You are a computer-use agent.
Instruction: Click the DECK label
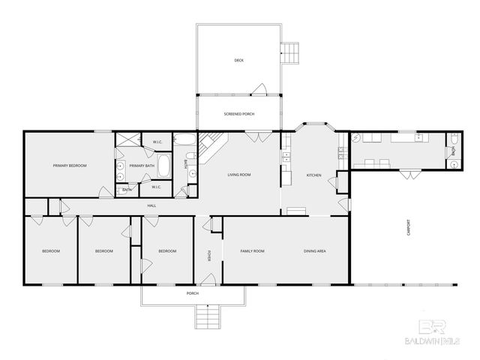238,61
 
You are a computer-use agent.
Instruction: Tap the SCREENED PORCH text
238,114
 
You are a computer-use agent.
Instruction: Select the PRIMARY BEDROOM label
69,166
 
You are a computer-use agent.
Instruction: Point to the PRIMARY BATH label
142,166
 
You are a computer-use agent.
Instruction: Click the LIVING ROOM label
238,175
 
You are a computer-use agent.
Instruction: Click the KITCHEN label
313,175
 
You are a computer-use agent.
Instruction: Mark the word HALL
151,205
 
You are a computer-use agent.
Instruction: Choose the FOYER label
209,254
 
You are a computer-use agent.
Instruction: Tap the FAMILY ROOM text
252,250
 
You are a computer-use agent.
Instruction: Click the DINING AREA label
314,250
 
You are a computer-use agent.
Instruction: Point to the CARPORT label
407,226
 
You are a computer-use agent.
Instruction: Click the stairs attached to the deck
289,52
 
